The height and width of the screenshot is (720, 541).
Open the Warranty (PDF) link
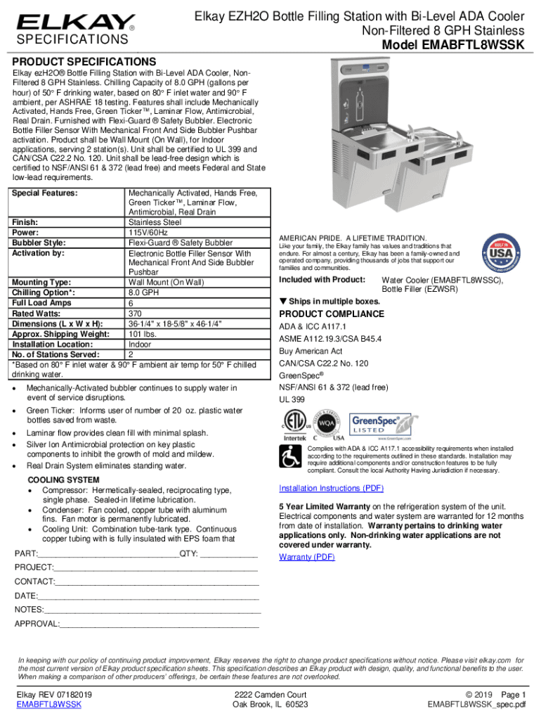[x=307, y=557]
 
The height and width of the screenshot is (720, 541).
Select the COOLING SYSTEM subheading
[x=63, y=480]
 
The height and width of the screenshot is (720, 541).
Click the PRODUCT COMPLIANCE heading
[x=332, y=314]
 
